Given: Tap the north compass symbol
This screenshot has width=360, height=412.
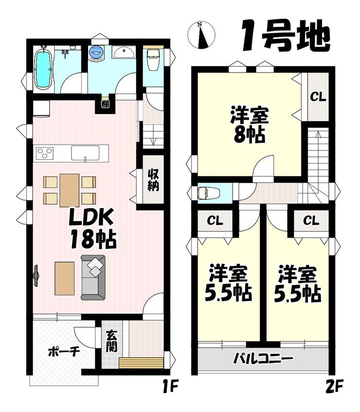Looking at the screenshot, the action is (x=201, y=35).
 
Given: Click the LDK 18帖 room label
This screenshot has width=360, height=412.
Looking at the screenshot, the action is (x=91, y=228).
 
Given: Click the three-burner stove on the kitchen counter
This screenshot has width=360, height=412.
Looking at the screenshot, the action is (x=45, y=153).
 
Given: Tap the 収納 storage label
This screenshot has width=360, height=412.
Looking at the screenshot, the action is (x=153, y=179).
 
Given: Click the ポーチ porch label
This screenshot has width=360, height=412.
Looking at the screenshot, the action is (x=64, y=352).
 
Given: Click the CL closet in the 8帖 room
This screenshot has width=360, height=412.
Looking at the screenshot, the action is (x=318, y=97).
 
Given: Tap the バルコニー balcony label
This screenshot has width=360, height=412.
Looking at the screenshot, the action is (x=263, y=358).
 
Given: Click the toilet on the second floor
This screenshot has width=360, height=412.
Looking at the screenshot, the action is (x=208, y=193).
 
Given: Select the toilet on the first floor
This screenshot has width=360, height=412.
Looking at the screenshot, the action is (x=152, y=59).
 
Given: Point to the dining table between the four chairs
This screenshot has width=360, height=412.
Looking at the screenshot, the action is (x=69, y=190).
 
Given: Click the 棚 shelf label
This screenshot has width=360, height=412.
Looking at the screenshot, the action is (x=105, y=104).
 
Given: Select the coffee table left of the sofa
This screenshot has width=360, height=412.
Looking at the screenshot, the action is (x=65, y=278).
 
